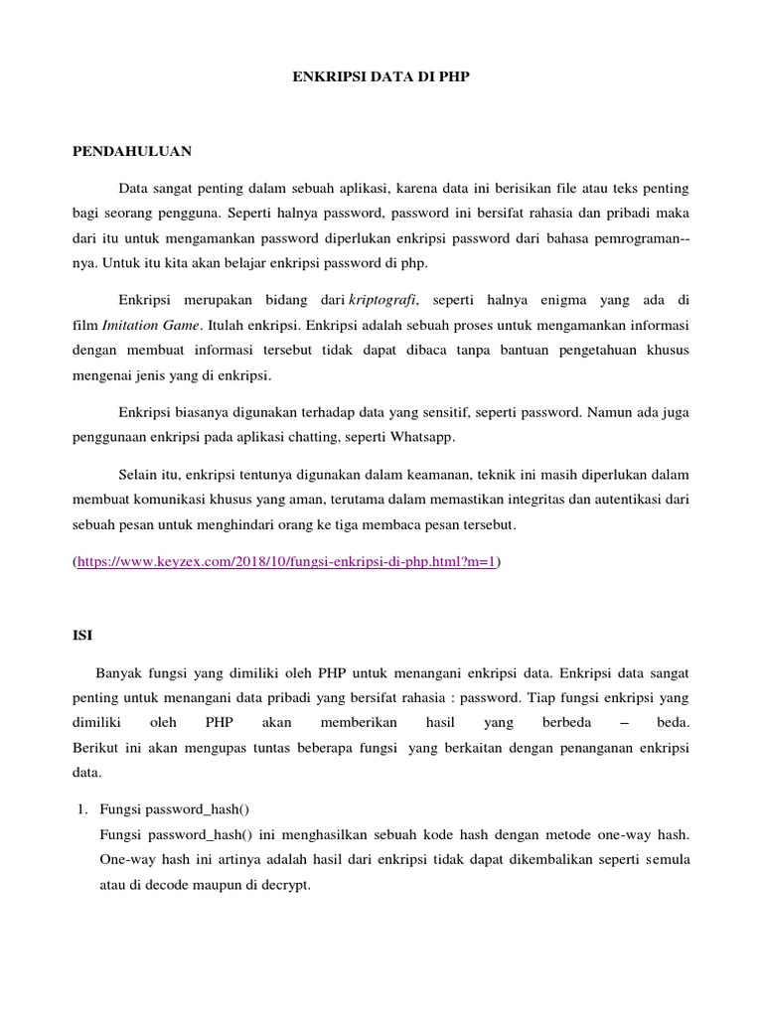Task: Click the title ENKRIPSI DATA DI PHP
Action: [381, 75]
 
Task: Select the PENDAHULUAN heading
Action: [132, 152]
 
